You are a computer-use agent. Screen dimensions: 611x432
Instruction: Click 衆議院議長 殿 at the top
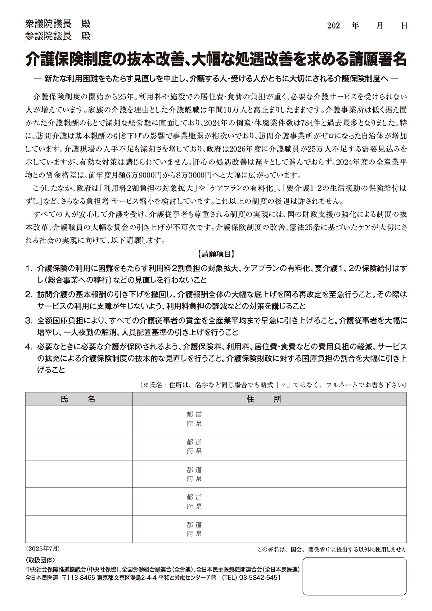coord(58,24)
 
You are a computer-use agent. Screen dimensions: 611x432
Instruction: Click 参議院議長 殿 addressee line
coord(58,36)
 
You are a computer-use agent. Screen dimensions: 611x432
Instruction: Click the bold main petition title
coord(216,59)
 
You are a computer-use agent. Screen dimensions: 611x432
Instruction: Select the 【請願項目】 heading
coord(216,254)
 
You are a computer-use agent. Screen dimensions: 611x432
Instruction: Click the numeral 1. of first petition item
coord(29,269)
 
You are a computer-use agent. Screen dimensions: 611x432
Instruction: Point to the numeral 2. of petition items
coord(29,295)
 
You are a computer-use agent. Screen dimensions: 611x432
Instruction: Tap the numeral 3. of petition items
coord(29,320)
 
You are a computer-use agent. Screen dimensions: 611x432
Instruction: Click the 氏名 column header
coord(78,399)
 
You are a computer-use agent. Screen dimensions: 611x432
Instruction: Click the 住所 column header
coord(269,399)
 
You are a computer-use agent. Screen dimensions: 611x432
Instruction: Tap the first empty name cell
coord(78,419)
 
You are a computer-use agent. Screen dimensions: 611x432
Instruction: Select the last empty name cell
coord(78,529)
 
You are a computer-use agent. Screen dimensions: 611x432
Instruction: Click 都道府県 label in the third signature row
coord(194,474)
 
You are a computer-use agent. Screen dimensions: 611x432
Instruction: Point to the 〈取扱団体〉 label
coord(40,560)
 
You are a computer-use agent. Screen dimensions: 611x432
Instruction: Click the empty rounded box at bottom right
coord(354,576)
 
